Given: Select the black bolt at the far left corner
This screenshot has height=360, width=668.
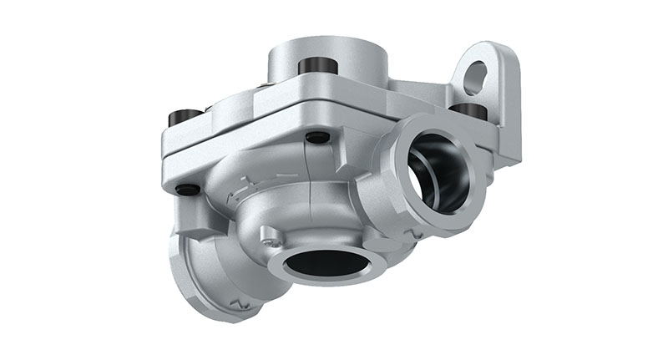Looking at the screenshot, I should point(185,117).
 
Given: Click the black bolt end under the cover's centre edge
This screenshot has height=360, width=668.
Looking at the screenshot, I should point(317,137).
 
